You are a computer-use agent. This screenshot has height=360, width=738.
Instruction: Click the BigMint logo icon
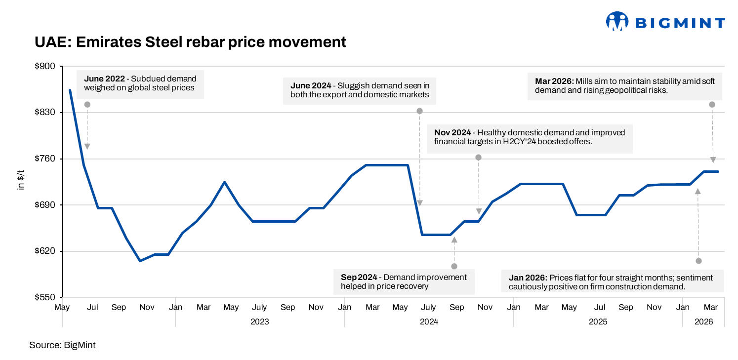[x=617, y=22]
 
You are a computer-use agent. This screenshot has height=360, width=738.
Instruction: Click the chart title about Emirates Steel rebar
[x=190, y=42]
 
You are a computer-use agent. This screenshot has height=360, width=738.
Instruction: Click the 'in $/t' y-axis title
[x=21, y=182]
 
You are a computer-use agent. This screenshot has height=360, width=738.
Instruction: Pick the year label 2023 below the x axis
[x=259, y=321]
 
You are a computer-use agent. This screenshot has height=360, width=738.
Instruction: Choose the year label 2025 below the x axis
[x=598, y=321]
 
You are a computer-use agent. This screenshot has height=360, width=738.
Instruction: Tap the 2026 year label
[x=704, y=321]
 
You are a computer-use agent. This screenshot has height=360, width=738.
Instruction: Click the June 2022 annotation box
[x=140, y=83]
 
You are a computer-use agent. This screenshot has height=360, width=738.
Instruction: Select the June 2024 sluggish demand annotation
[x=360, y=90]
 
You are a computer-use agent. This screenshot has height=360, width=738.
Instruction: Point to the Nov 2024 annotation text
[x=530, y=137]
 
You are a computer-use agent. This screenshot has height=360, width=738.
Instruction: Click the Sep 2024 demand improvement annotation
[x=404, y=282]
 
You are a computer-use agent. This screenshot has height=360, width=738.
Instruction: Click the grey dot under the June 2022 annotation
[x=87, y=104]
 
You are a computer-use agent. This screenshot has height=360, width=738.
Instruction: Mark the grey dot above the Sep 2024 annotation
[x=454, y=266]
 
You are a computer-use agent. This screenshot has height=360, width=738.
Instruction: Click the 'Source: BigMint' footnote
[x=62, y=345]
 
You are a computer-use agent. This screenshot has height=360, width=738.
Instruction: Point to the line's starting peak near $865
[x=70, y=90]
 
